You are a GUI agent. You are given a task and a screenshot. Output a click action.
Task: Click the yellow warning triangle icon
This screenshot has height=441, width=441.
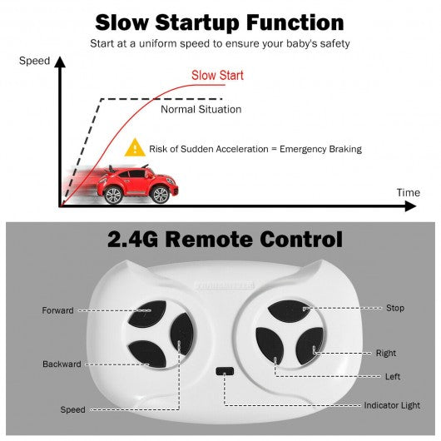pos(135,147)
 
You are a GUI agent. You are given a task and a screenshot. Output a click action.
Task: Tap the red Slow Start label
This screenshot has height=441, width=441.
pos(217,76)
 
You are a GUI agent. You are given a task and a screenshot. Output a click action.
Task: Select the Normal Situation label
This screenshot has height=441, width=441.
pos(201,109)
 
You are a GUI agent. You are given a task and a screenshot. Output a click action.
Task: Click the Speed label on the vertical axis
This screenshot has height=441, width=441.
pos(34,61)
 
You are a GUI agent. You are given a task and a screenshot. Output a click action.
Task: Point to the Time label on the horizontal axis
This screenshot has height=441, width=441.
pos(409,193)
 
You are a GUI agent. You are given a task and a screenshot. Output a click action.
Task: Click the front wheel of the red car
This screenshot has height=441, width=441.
pos(161,195)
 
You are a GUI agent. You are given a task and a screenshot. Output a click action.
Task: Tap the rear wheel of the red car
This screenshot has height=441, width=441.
pos(114,195)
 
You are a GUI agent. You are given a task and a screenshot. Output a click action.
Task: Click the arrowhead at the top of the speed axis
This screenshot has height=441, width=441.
pos(60,62)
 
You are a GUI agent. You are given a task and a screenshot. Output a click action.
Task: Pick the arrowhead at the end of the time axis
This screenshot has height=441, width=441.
pos(411,206)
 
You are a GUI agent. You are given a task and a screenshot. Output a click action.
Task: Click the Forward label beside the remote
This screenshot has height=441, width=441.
pos(58,310)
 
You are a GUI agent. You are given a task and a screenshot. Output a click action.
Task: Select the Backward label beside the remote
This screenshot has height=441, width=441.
pos(62,364)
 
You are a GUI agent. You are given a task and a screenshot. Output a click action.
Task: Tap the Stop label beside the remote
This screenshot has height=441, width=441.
pos(395,308)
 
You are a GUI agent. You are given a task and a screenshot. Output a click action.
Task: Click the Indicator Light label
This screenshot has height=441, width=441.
pos(392,405)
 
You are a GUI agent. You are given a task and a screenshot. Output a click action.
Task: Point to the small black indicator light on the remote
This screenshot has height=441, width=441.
pos(225,371)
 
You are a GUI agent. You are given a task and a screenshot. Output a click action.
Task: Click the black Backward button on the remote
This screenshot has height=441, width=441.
pos(147,354)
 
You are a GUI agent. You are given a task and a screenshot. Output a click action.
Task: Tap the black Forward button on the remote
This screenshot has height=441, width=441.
pos(147,314)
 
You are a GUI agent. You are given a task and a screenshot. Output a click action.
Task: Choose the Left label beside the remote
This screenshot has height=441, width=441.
pos(393,377)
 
